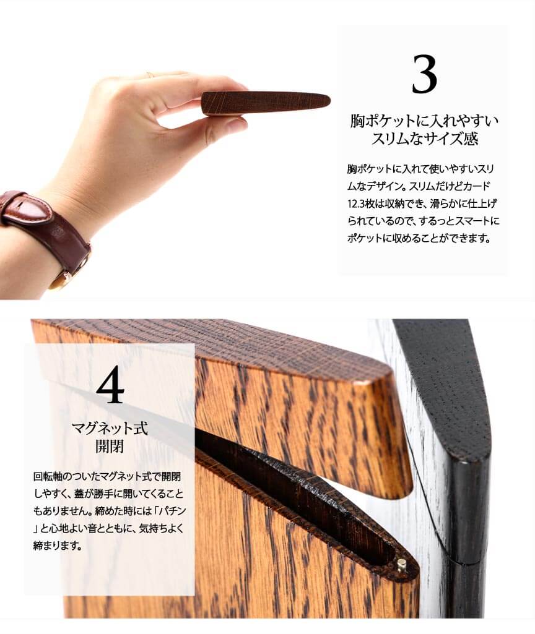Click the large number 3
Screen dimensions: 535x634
coord(424,74)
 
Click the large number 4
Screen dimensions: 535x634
coord(110,385)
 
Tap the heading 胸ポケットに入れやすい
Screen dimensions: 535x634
coord(424,121)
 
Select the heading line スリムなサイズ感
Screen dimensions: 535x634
coord(425,139)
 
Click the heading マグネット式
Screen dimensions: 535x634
coord(110,428)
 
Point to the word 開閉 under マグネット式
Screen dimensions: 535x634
coord(110,447)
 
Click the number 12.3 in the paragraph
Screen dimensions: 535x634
coord(356,203)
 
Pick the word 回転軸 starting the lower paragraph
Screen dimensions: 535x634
coord(48,476)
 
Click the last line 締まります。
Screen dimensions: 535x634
coord(58,546)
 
